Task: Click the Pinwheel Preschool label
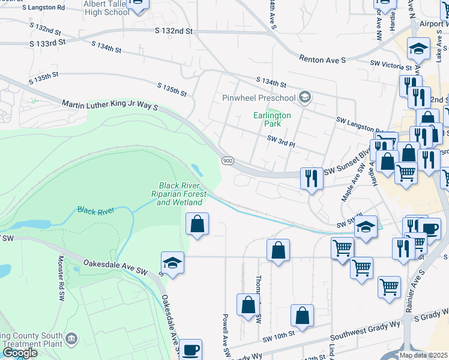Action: coord(259,98)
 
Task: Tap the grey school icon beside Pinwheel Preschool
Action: coord(305,97)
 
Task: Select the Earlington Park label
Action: coord(273,119)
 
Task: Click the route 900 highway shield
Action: coord(227,161)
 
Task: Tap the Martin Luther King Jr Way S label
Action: coord(109,105)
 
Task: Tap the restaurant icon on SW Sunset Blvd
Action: coord(311,179)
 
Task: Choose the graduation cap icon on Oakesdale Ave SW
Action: coord(172,263)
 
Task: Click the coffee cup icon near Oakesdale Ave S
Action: coord(191,349)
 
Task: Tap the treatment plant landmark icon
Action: coord(71,340)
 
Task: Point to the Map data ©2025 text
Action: coord(423,355)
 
